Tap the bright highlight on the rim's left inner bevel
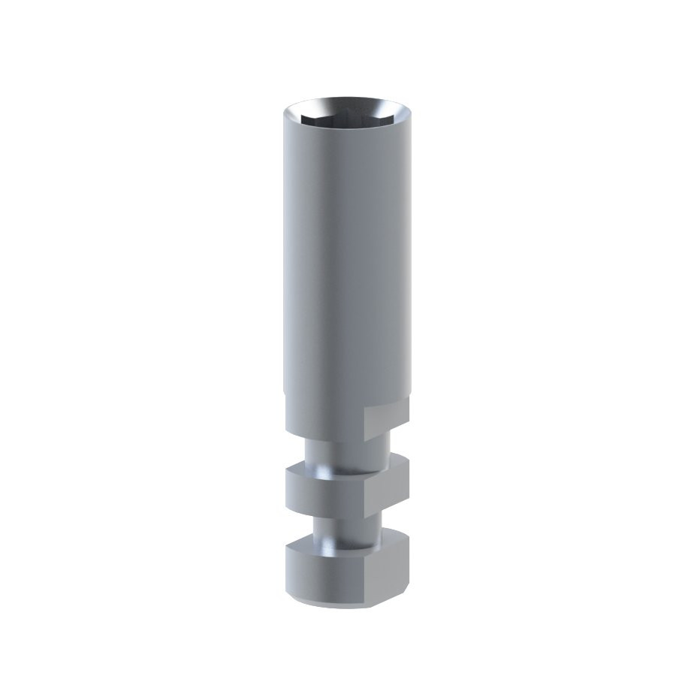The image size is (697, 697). coord(295,112)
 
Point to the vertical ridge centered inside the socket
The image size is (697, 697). coord(346,115)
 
